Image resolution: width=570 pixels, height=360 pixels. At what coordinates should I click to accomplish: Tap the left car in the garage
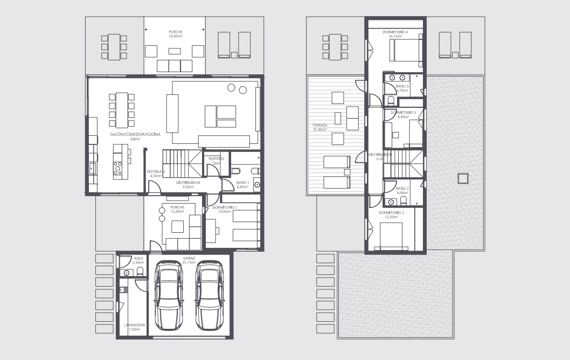point(168,296)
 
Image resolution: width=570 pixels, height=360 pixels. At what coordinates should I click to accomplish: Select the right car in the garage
point(209,296)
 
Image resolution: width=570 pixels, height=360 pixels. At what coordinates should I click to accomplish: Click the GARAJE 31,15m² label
point(189,260)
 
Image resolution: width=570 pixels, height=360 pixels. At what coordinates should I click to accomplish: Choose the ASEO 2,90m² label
point(138,260)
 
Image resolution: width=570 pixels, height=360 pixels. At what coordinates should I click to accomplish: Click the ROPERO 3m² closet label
point(216,161)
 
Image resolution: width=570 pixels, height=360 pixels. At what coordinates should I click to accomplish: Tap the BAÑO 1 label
point(242,185)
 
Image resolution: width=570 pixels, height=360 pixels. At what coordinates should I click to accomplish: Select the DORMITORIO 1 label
point(224,209)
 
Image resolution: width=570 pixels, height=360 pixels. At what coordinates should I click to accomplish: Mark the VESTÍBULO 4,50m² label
point(156,174)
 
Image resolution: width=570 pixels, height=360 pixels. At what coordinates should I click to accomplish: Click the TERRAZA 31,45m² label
point(320,127)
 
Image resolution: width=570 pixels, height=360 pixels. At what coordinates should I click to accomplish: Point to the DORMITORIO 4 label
point(395,34)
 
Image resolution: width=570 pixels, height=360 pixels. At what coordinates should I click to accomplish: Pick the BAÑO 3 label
point(402,88)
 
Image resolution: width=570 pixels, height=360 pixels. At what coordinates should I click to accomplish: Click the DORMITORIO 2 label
point(391,214)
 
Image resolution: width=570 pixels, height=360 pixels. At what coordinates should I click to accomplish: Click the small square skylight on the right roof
point(462,178)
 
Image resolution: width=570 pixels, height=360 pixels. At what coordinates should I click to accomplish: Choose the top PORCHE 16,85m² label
point(175,34)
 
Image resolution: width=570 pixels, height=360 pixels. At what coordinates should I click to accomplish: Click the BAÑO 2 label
point(402,190)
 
